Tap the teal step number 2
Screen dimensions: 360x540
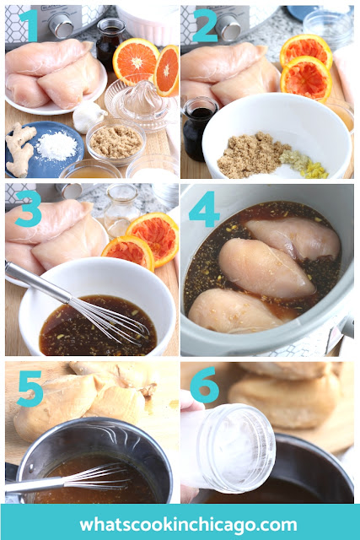(204, 25)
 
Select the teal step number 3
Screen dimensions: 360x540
(28, 208)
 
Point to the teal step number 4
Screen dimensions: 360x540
(204, 209)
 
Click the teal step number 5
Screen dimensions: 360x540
(30, 388)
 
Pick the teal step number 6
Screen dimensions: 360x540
(204, 385)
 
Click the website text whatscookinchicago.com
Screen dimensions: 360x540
(188, 525)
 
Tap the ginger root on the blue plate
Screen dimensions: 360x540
(20, 148)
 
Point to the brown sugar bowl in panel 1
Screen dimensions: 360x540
(116, 141)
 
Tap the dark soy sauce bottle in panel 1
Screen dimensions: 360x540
(109, 42)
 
